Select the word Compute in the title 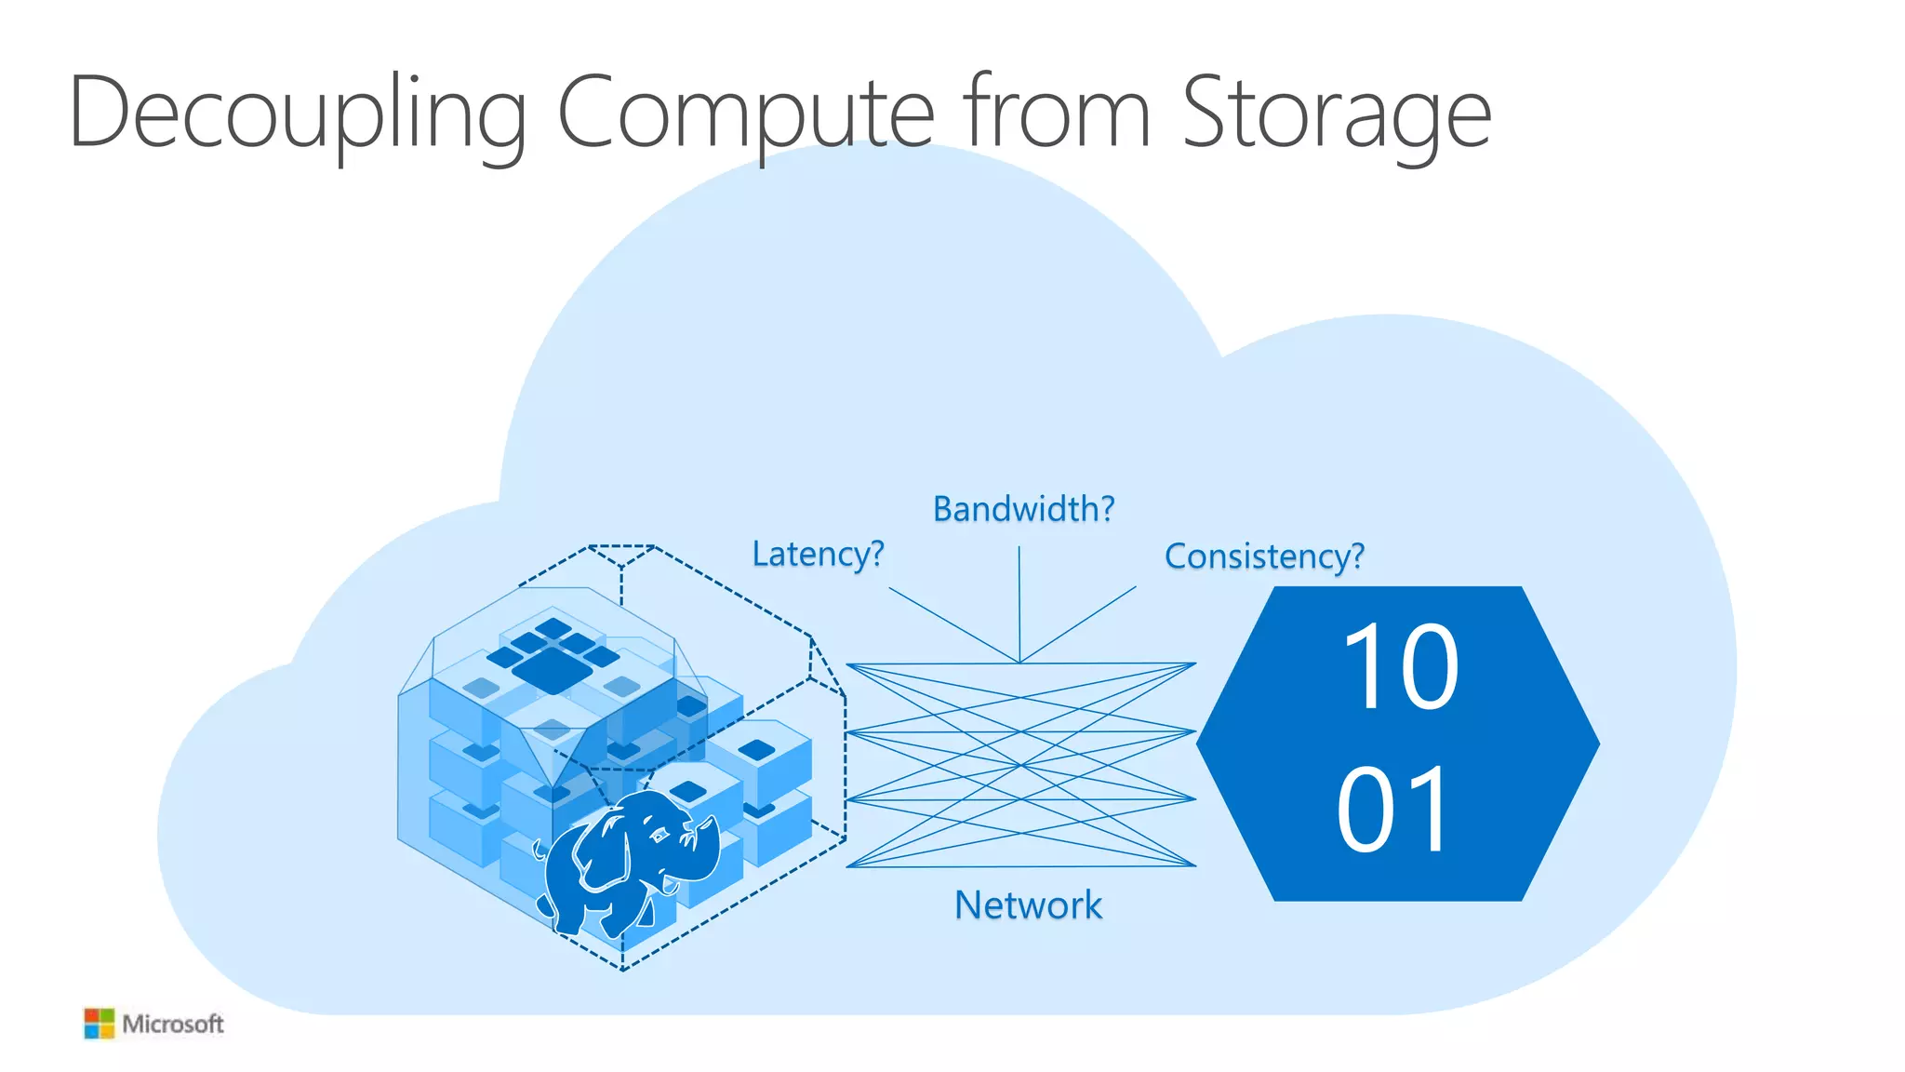coord(744,114)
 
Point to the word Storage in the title coord(1336,114)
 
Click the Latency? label coord(818,555)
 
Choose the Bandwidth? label coord(1023,509)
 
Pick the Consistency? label coord(1264,556)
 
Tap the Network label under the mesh coord(1028,905)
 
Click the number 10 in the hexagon coord(1400,666)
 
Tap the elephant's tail coord(540,849)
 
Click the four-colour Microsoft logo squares coord(99,1024)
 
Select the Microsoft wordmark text coord(173,1025)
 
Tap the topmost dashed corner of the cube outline coord(621,547)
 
